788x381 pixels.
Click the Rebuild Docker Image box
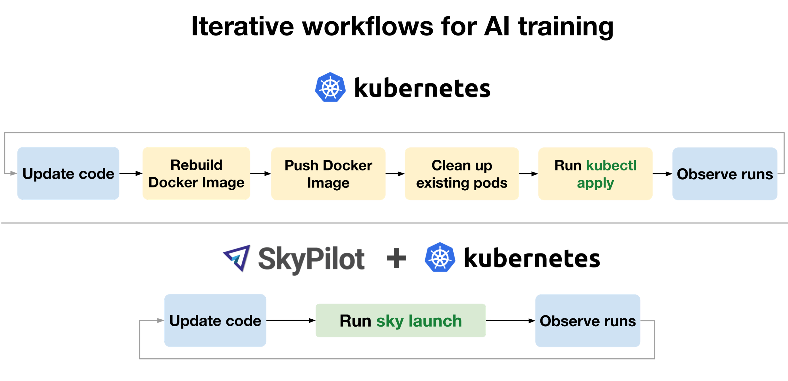(x=196, y=174)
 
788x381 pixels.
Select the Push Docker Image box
(x=328, y=174)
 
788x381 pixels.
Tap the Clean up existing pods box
(x=462, y=174)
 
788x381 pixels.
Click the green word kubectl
(x=611, y=166)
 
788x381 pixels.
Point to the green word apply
(x=595, y=183)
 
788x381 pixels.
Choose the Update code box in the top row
(x=68, y=174)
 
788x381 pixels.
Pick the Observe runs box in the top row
(x=725, y=174)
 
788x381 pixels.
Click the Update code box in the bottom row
(x=215, y=320)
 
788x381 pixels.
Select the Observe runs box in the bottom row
(x=588, y=320)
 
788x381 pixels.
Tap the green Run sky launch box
(x=400, y=320)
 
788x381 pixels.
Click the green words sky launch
(x=419, y=321)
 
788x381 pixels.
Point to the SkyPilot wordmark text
(x=311, y=259)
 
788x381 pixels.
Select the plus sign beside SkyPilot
(x=396, y=258)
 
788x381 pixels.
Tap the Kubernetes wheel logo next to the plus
(x=440, y=257)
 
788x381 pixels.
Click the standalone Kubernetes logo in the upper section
(x=330, y=87)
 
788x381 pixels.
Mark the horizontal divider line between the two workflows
(x=394, y=223)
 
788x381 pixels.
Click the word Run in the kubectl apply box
(x=568, y=166)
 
